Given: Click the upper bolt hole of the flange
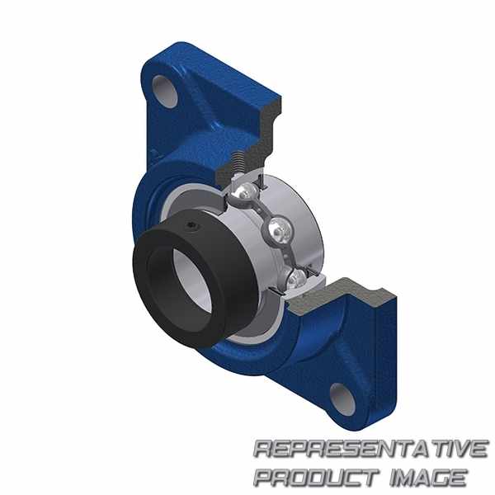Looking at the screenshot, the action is point(165,91).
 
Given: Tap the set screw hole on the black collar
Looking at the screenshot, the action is point(191,225).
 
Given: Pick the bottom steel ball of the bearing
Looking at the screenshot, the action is point(296,277).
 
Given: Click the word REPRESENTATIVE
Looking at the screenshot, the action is point(371,449).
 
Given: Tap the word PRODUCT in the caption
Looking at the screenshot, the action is point(316,478).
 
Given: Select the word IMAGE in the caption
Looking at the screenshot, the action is point(428,478).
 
